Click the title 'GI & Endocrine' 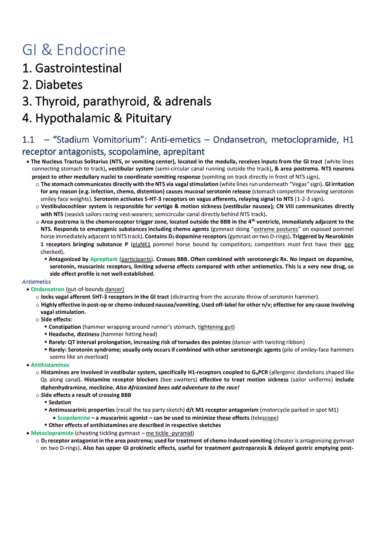[x=74, y=50]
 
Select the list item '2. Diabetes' [x=53, y=85]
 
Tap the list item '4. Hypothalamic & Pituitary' [x=97, y=118]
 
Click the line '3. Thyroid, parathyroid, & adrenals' [x=117, y=101]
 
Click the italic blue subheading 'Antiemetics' [x=36, y=282]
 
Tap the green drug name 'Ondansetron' [x=47, y=289]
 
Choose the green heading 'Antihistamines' [x=50, y=365]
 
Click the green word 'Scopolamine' [x=73, y=418]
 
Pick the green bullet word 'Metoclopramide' [x=52, y=433]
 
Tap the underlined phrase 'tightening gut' [x=215, y=327]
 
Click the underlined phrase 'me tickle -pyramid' [x=169, y=433]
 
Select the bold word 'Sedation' [x=60, y=402]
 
